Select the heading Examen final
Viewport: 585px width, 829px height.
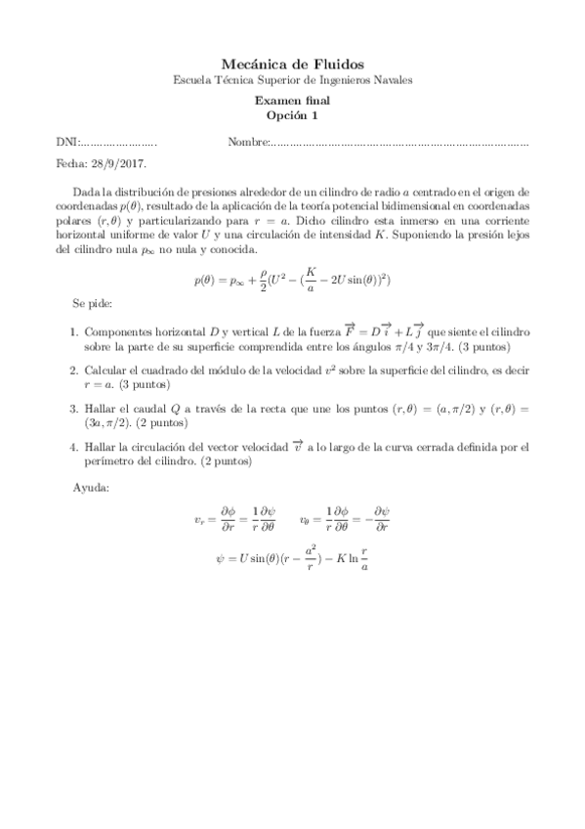pyautogui.click(x=292, y=100)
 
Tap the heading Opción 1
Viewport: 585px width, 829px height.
pyautogui.click(x=292, y=115)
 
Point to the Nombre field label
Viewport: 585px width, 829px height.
pyautogui.click(x=247, y=143)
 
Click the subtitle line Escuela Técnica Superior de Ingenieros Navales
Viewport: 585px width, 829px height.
pyautogui.click(x=292, y=80)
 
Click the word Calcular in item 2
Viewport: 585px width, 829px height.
pyautogui.click(x=107, y=371)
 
